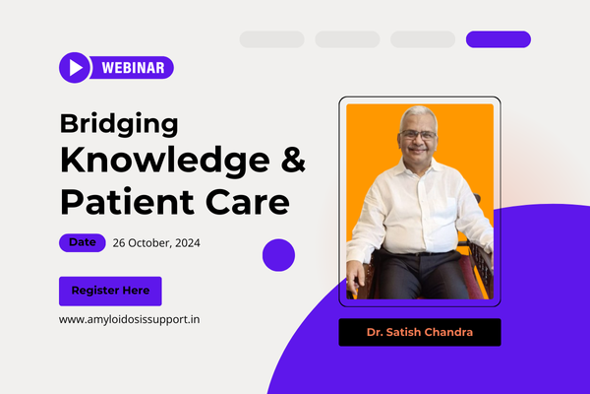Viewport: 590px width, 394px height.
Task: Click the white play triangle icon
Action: point(76,68)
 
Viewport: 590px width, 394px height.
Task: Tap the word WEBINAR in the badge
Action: point(133,68)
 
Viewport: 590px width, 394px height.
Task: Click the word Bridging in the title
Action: point(119,124)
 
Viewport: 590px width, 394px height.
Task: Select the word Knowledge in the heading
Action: point(165,161)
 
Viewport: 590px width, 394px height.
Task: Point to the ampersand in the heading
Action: point(293,160)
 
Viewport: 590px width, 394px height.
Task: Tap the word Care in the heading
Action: point(248,202)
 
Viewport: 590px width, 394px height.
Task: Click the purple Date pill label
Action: point(83,243)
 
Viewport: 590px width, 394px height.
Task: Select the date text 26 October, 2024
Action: point(156,243)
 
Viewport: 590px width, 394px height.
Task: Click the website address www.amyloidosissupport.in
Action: point(129,320)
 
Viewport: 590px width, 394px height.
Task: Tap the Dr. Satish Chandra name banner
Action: point(420,332)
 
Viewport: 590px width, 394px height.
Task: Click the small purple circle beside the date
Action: point(278,255)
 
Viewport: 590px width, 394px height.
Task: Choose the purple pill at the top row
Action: point(499,39)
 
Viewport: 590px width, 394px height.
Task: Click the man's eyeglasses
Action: point(418,135)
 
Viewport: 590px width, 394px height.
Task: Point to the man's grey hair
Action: point(418,116)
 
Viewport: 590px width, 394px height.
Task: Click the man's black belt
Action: point(418,253)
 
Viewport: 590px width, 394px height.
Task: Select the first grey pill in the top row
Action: point(271,39)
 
